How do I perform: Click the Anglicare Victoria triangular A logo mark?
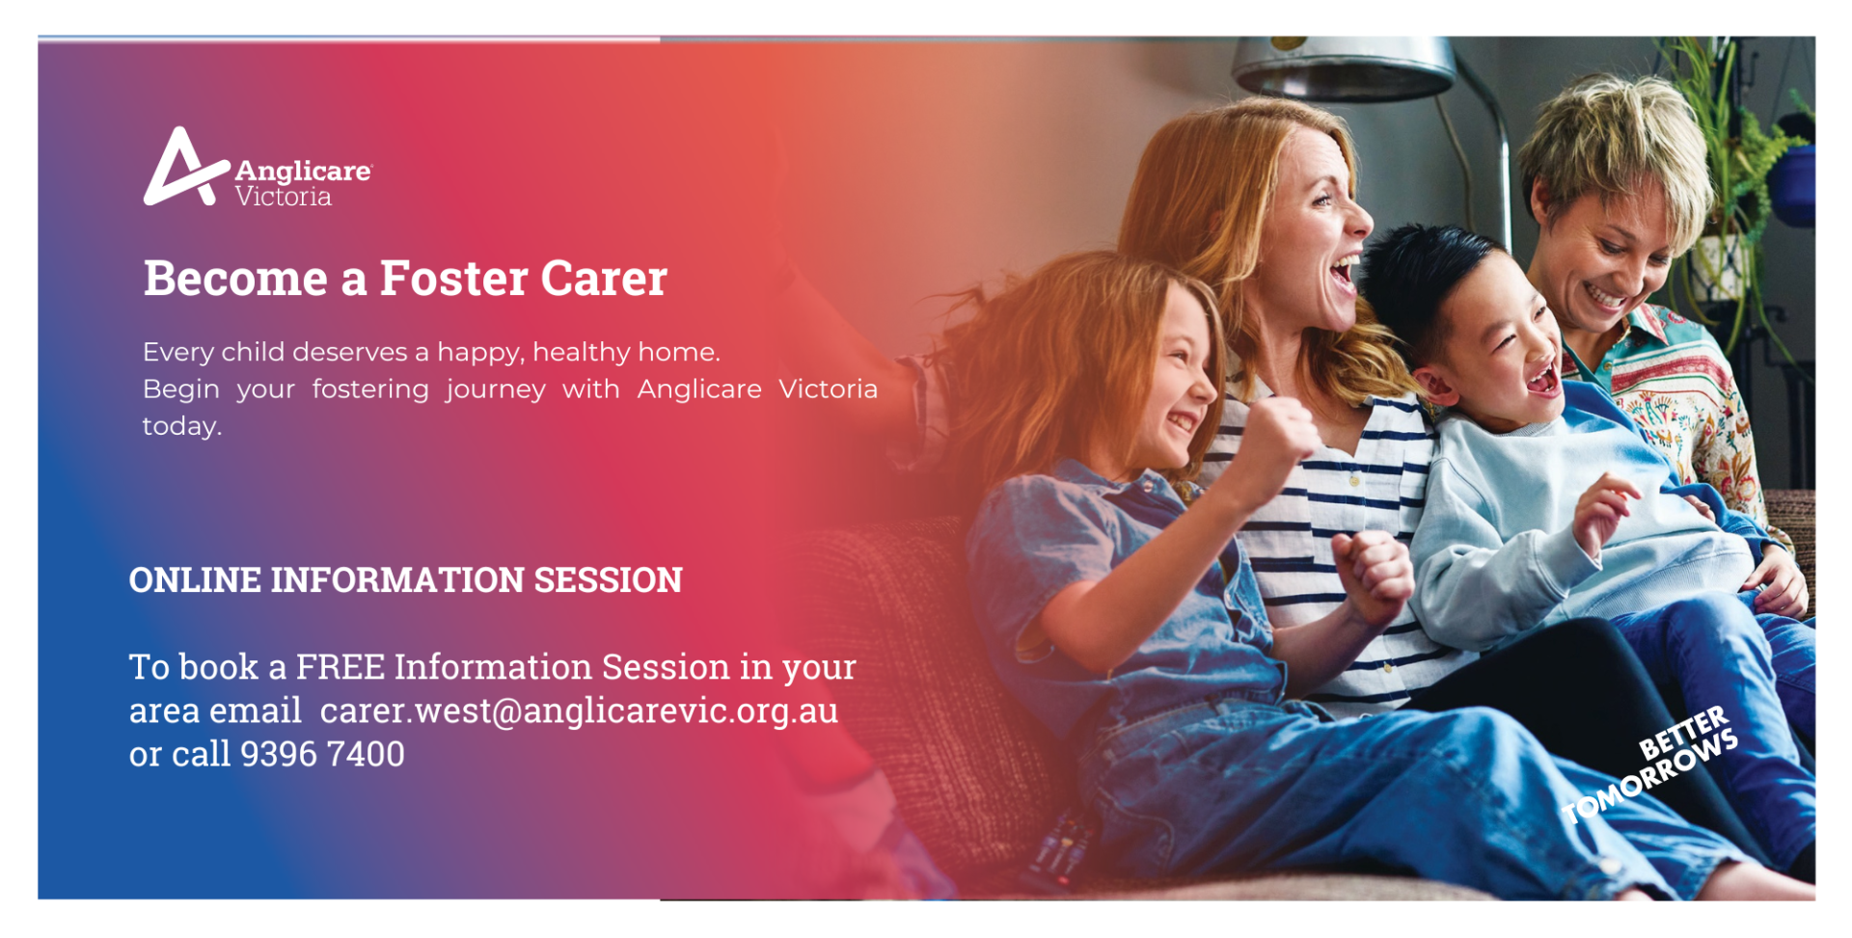click(183, 169)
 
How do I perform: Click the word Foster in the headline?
click(453, 279)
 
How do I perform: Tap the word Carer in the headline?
click(604, 279)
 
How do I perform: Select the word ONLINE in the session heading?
click(195, 580)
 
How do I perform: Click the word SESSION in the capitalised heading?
click(608, 580)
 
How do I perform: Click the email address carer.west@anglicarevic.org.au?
click(579, 711)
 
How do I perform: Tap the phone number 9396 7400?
click(322, 754)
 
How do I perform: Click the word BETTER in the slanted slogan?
click(1683, 732)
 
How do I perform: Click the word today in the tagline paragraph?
click(181, 426)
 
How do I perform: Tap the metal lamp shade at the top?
click(1343, 67)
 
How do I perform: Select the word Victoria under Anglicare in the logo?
click(284, 197)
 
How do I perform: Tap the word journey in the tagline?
click(496, 389)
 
